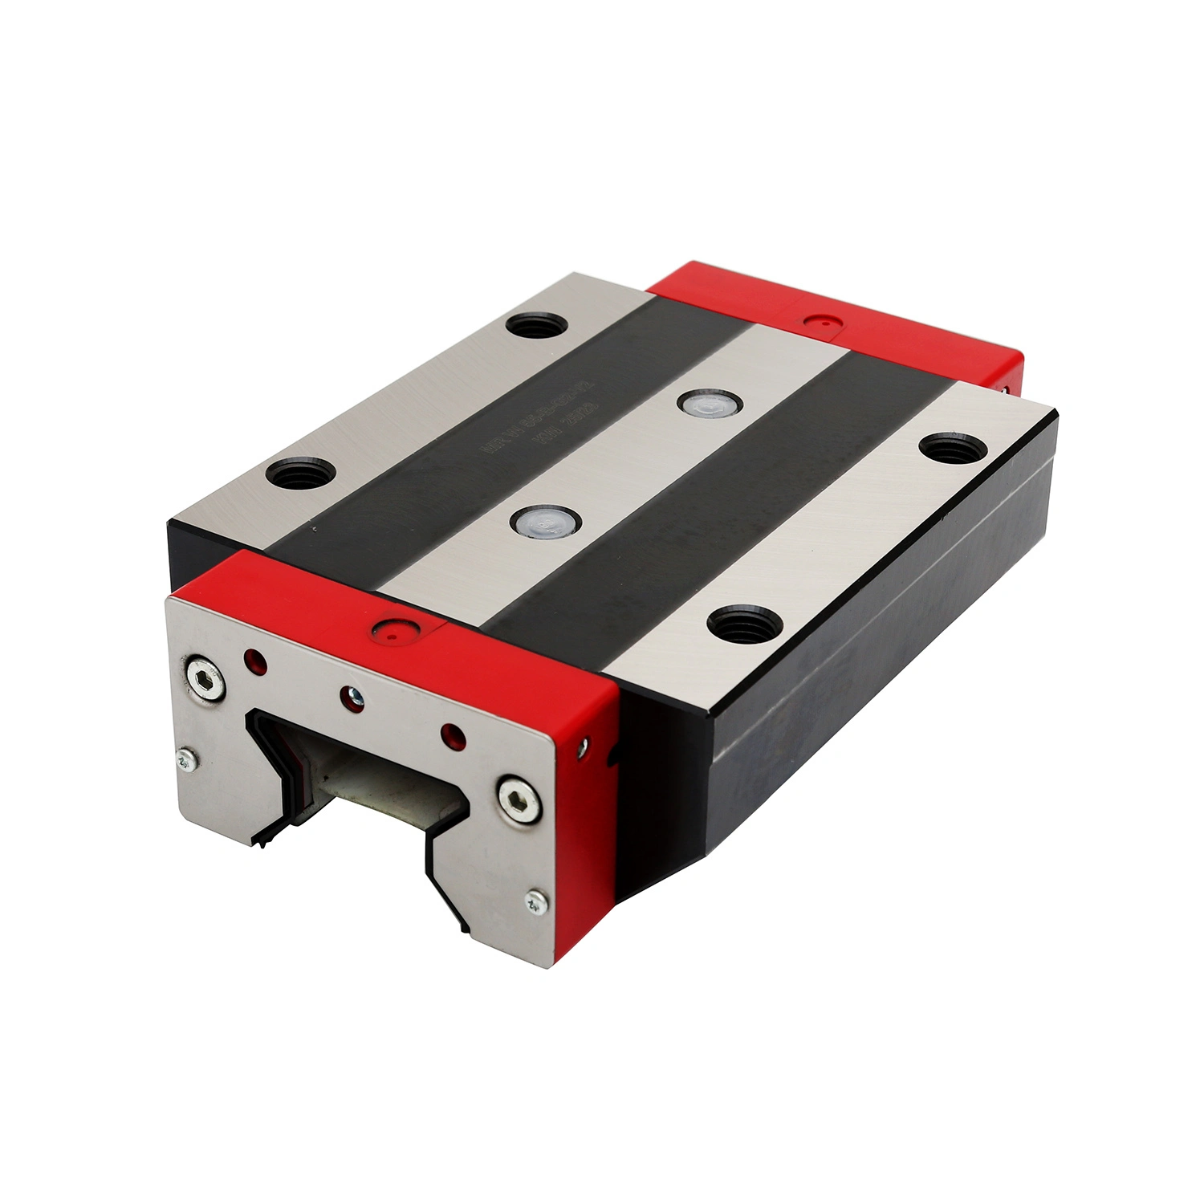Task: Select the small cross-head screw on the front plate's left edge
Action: coord(186,759)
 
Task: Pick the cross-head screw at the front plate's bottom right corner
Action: coord(535,901)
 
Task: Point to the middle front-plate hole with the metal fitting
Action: coord(352,697)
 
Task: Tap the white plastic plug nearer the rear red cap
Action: coord(707,404)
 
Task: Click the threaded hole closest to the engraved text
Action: coord(538,326)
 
